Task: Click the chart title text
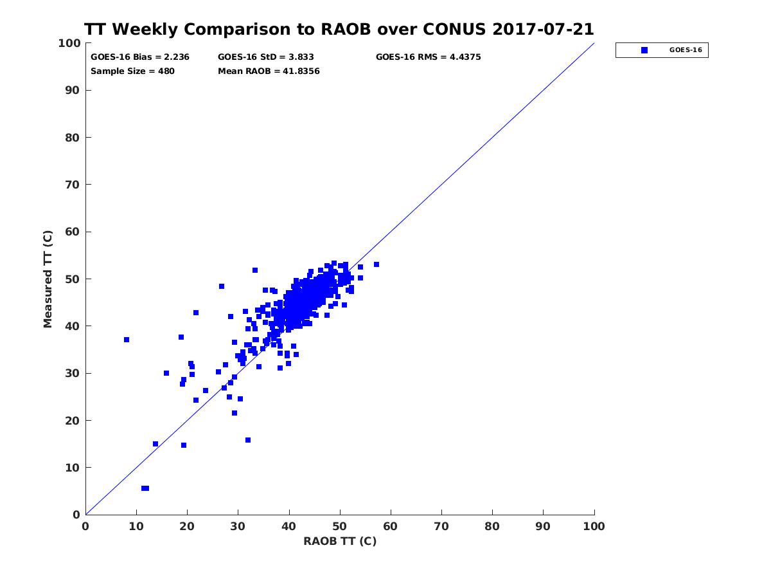(339, 30)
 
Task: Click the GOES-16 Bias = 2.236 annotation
(140, 57)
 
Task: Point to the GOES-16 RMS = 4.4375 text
(428, 57)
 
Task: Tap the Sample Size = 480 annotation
(132, 71)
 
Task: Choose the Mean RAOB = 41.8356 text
(269, 71)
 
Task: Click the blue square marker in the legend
(644, 50)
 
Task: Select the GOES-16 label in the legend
(686, 50)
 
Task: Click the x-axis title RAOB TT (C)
(340, 541)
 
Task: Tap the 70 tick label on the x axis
(441, 526)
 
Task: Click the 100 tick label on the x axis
(594, 526)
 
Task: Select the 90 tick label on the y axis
(73, 91)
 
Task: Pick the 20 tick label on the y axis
(73, 421)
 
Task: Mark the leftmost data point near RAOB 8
(127, 340)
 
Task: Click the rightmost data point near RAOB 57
(377, 264)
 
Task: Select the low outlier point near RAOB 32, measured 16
(248, 440)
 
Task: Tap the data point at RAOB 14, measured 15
(155, 444)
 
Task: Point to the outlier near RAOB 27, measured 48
(222, 286)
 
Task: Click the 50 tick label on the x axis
(340, 526)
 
